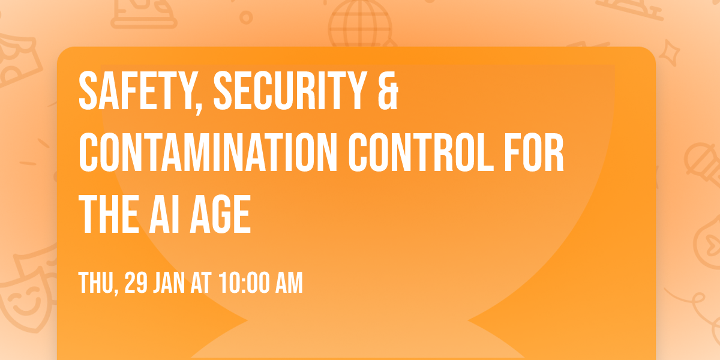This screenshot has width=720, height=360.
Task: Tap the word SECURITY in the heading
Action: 286,91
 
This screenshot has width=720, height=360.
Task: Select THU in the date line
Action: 96,283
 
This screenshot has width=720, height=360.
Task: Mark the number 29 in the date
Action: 136,283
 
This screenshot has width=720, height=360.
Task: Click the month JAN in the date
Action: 173,283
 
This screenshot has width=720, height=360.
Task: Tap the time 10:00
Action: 247,283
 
